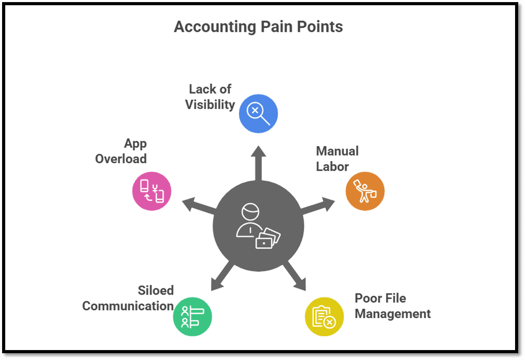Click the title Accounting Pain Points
[258, 27]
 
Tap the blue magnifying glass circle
[258, 114]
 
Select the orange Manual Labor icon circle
[365, 192]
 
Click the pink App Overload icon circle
[152, 191]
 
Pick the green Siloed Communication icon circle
[192, 317]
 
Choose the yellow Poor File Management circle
[324, 317]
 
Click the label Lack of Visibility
[210, 97]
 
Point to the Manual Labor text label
[337, 159]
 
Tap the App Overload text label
[121, 151]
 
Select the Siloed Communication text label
[128, 298]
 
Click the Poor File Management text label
[392, 306]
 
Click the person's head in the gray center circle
[250, 212]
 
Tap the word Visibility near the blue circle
[210, 105]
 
